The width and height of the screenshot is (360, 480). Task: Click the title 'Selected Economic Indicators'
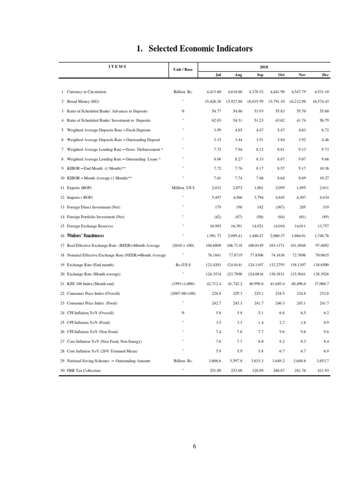[x=194, y=49]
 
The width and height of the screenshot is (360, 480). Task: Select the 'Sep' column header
[x=260, y=75]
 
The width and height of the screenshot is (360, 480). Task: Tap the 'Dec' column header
[x=326, y=75]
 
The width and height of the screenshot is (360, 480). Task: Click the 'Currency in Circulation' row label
[x=86, y=92]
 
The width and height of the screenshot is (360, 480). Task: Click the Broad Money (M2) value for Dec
[x=319, y=102]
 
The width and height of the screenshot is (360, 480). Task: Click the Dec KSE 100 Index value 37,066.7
[x=319, y=284]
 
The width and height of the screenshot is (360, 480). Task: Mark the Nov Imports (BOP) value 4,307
[x=300, y=197]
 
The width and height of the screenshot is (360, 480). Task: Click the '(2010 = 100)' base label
[x=183, y=245]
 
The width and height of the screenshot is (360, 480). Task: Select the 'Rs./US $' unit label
[x=183, y=265]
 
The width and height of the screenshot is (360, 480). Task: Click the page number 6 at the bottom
[x=194, y=446]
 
